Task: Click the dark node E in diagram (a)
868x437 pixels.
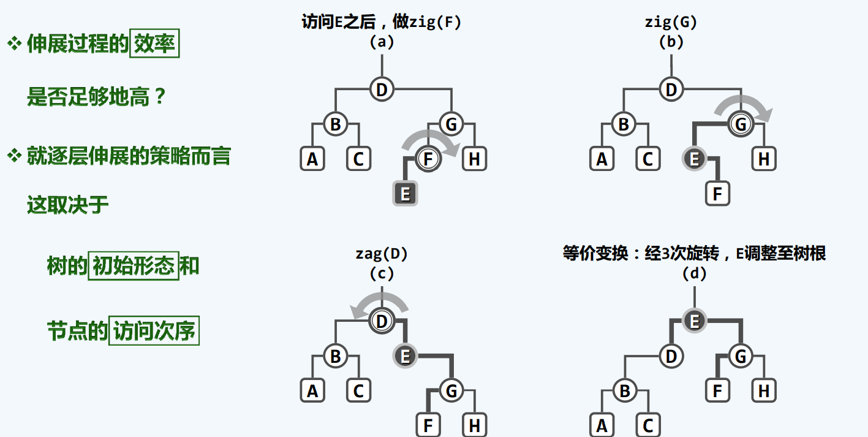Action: click(405, 194)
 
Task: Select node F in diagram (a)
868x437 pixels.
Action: click(428, 159)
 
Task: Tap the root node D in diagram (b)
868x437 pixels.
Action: click(671, 89)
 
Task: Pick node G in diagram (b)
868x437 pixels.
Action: click(741, 124)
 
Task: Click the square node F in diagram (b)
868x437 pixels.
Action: click(717, 194)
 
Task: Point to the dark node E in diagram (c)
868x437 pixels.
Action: click(405, 355)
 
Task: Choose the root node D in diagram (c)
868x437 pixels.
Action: click(382, 321)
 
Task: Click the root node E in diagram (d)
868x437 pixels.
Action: click(694, 321)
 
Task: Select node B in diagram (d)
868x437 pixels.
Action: click(625, 390)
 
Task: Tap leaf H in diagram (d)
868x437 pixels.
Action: click(764, 390)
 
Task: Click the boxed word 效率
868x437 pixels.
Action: click(154, 45)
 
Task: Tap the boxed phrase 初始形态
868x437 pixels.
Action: click(134, 267)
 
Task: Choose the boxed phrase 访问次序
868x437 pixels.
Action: click(154, 331)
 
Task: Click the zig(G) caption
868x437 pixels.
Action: click(671, 23)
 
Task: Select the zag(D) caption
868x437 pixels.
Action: click(382, 253)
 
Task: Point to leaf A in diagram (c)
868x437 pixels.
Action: click(312, 390)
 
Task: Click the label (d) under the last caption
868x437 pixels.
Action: click(694, 273)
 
